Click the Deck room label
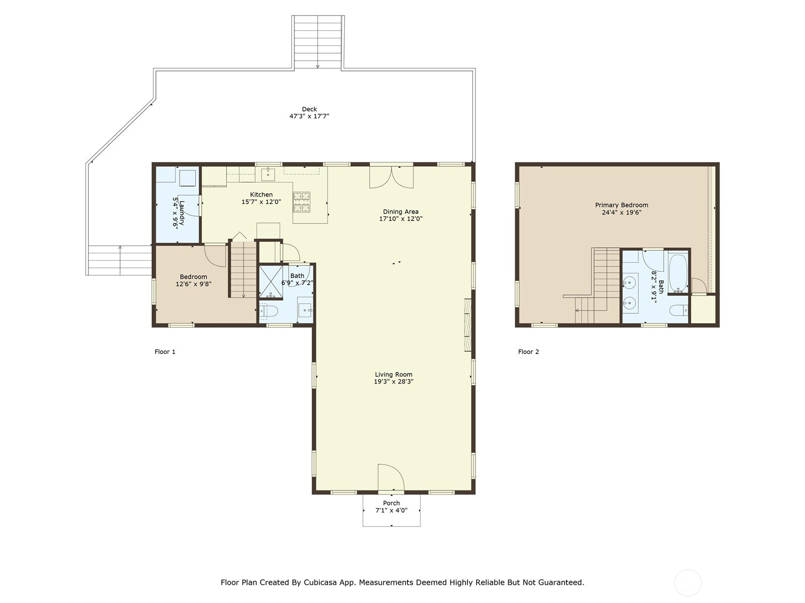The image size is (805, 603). [309, 109]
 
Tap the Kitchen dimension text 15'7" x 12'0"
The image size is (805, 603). [261, 202]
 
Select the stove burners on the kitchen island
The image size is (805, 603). [301, 202]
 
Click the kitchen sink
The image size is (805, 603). [269, 174]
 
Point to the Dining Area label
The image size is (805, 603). [400, 212]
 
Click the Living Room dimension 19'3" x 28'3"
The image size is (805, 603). [393, 381]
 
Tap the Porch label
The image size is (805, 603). [391, 503]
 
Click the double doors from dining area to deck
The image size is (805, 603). [391, 177]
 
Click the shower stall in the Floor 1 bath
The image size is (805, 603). [271, 282]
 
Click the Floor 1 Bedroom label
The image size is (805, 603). [193, 277]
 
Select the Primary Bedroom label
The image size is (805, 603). [621, 205]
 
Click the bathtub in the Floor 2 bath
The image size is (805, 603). [678, 273]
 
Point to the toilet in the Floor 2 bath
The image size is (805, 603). [679, 311]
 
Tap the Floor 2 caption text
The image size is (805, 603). [528, 352]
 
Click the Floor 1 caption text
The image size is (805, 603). [165, 352]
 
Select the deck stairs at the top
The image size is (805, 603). [317, 42]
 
